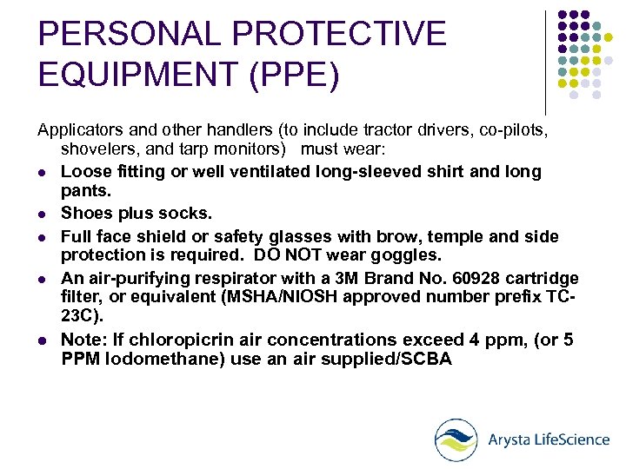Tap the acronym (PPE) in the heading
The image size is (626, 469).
[x=293, y=75]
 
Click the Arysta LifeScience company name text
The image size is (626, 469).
[x=549, y=439]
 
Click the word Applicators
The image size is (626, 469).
[x=80, y=130]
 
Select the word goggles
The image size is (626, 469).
[x=411, y=255]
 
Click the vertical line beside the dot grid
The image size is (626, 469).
[x=545, y=61]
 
